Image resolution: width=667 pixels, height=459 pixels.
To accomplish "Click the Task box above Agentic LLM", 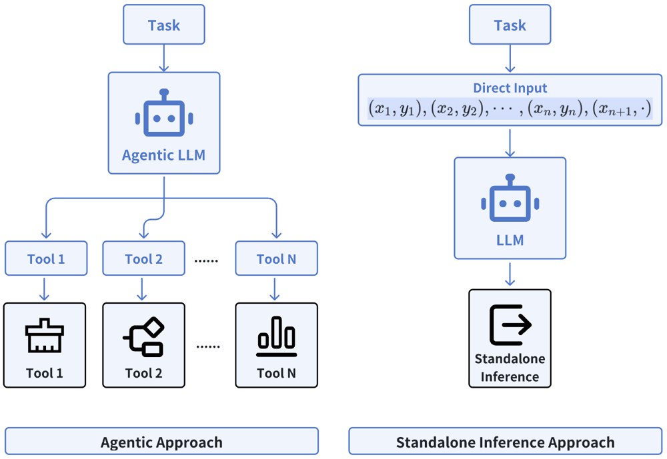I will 164,26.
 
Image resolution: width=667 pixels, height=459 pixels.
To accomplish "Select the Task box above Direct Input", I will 510,26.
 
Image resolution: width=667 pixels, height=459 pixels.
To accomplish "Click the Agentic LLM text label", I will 164,155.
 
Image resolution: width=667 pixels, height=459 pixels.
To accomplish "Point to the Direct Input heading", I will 510,87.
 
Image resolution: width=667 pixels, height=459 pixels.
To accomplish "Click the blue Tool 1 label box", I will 46,259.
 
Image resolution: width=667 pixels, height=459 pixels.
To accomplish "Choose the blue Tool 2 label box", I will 143,259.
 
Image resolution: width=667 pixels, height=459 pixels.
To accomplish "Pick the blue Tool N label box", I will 276,259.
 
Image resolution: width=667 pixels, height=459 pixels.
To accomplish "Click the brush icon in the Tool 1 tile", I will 44,337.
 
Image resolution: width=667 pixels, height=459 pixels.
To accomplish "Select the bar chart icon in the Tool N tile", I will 276,337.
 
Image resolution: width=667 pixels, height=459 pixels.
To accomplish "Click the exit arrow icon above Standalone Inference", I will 510,324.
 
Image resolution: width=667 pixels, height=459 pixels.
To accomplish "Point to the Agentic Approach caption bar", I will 161,442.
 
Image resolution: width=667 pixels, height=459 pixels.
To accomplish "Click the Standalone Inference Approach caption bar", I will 505,442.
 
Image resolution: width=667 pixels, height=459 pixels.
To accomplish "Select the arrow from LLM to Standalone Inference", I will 510,274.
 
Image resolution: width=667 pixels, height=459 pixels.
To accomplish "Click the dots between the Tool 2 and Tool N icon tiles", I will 209,346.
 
